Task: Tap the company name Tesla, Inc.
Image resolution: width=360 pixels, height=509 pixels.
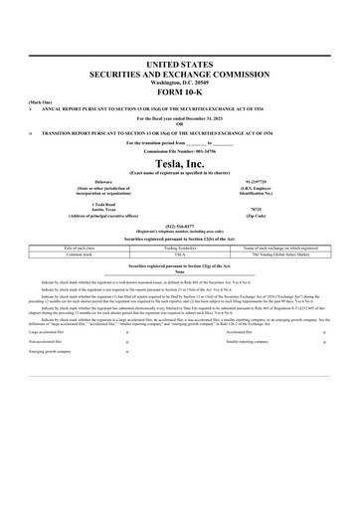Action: click(x=180, y=163)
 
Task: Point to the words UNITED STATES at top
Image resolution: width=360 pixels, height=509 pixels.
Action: click(x=180, y=64)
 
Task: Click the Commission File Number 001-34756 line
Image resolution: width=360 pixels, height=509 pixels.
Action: click(x=180, y=150)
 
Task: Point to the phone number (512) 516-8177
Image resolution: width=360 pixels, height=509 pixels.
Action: click(x=180, y=226)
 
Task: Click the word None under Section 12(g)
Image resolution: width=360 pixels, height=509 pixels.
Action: click(x=180, y=272)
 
